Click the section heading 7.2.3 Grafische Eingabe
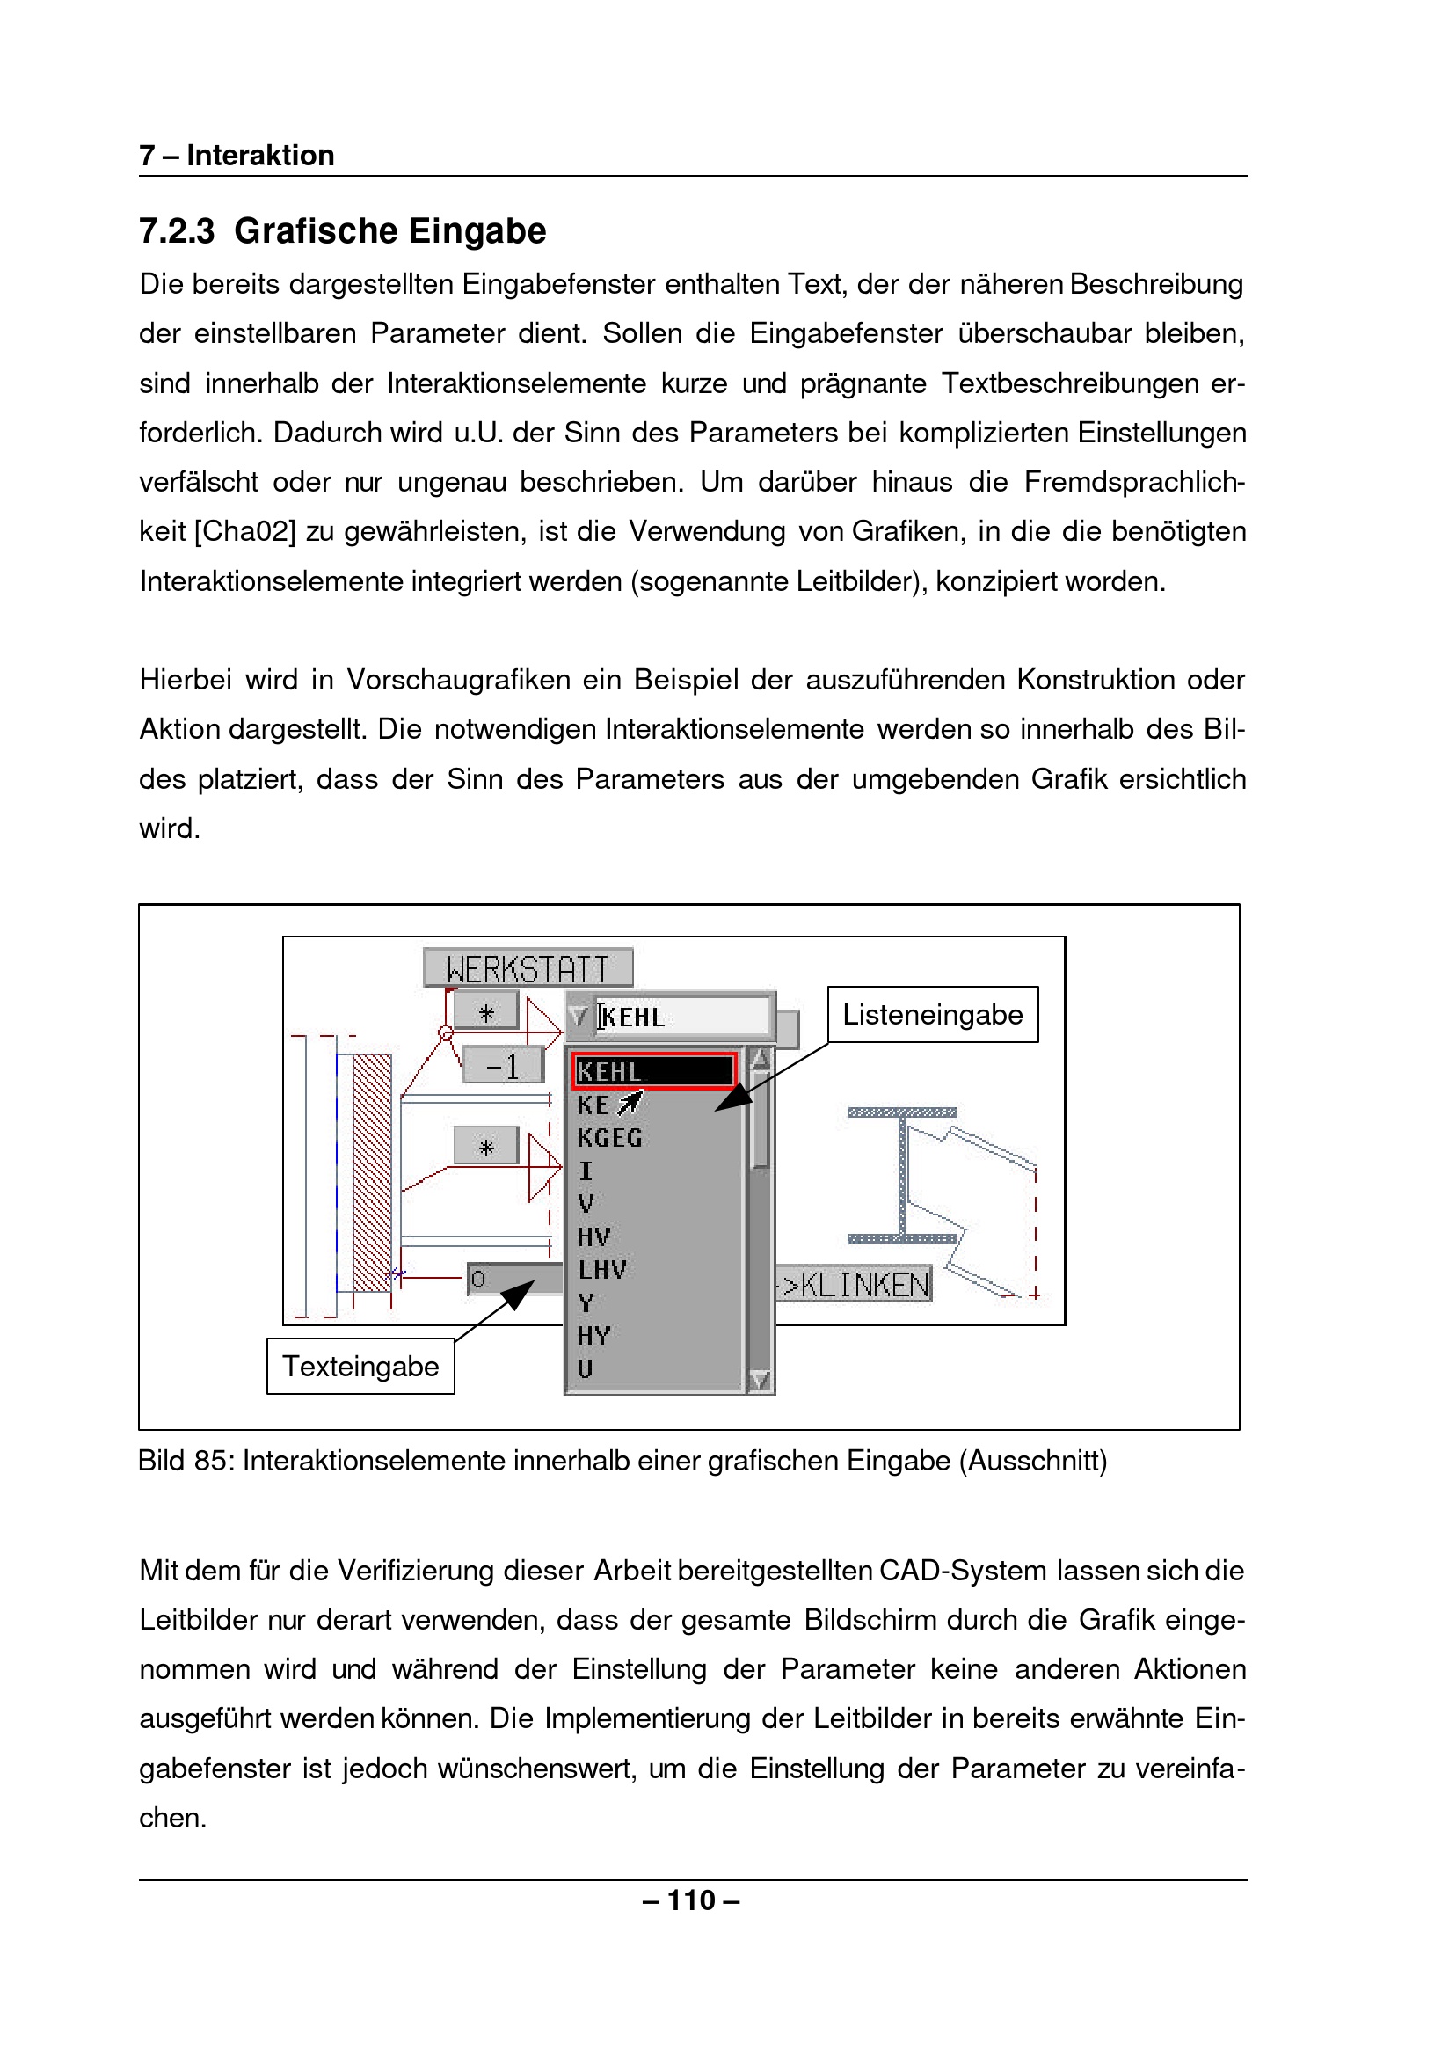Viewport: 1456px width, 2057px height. tap(343, 231)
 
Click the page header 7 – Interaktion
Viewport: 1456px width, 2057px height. tap(237, 155)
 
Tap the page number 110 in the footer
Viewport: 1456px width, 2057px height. tap(691, 1900)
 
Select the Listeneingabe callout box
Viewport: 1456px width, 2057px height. tap(932, 1014)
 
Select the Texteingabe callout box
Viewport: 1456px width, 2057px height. tap(360, 1366)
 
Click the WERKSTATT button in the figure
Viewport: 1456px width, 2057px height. tap(528, 968)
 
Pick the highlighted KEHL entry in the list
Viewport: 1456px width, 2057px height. tap(653, 1070)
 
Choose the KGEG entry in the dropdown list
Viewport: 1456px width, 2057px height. tap(609, 1138)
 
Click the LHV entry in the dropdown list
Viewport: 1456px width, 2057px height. tap(602, 1270)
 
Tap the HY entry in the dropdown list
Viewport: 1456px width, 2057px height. tap(593, 1336)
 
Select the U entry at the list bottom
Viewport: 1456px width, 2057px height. tap(586, 1369)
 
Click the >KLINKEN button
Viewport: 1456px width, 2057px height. tap(855, 1284)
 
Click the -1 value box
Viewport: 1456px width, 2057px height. tap(503, 1066)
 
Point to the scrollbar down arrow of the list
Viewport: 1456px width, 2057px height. tap(760, 1379)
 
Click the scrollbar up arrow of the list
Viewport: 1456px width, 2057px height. tap(760, 1059)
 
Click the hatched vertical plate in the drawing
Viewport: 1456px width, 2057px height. tap(371, 1173)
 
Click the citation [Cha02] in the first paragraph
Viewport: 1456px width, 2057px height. tap(244, 532)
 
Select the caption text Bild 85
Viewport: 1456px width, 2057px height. tap(186, 1461)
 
